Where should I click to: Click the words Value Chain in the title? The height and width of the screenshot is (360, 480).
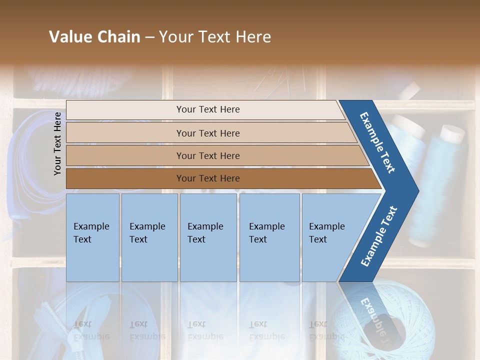94,37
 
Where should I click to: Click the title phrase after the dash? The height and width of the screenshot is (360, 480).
215,37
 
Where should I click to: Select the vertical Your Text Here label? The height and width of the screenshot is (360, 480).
57,143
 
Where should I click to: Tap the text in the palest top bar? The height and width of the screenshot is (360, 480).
208,109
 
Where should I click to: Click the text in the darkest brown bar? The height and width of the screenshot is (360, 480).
208,178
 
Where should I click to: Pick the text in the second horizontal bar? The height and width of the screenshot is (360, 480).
208,133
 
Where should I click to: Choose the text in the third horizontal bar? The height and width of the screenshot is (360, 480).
208,156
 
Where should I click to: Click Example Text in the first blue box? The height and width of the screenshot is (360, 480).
91,233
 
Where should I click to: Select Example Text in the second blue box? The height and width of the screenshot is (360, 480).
147,233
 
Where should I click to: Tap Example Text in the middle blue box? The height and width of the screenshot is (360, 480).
205,233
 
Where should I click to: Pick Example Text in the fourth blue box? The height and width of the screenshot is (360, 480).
266,233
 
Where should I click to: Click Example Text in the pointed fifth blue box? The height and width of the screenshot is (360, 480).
326,233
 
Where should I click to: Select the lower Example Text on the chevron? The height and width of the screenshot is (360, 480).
378,236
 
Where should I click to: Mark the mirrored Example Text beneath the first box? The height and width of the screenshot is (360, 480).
91,330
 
